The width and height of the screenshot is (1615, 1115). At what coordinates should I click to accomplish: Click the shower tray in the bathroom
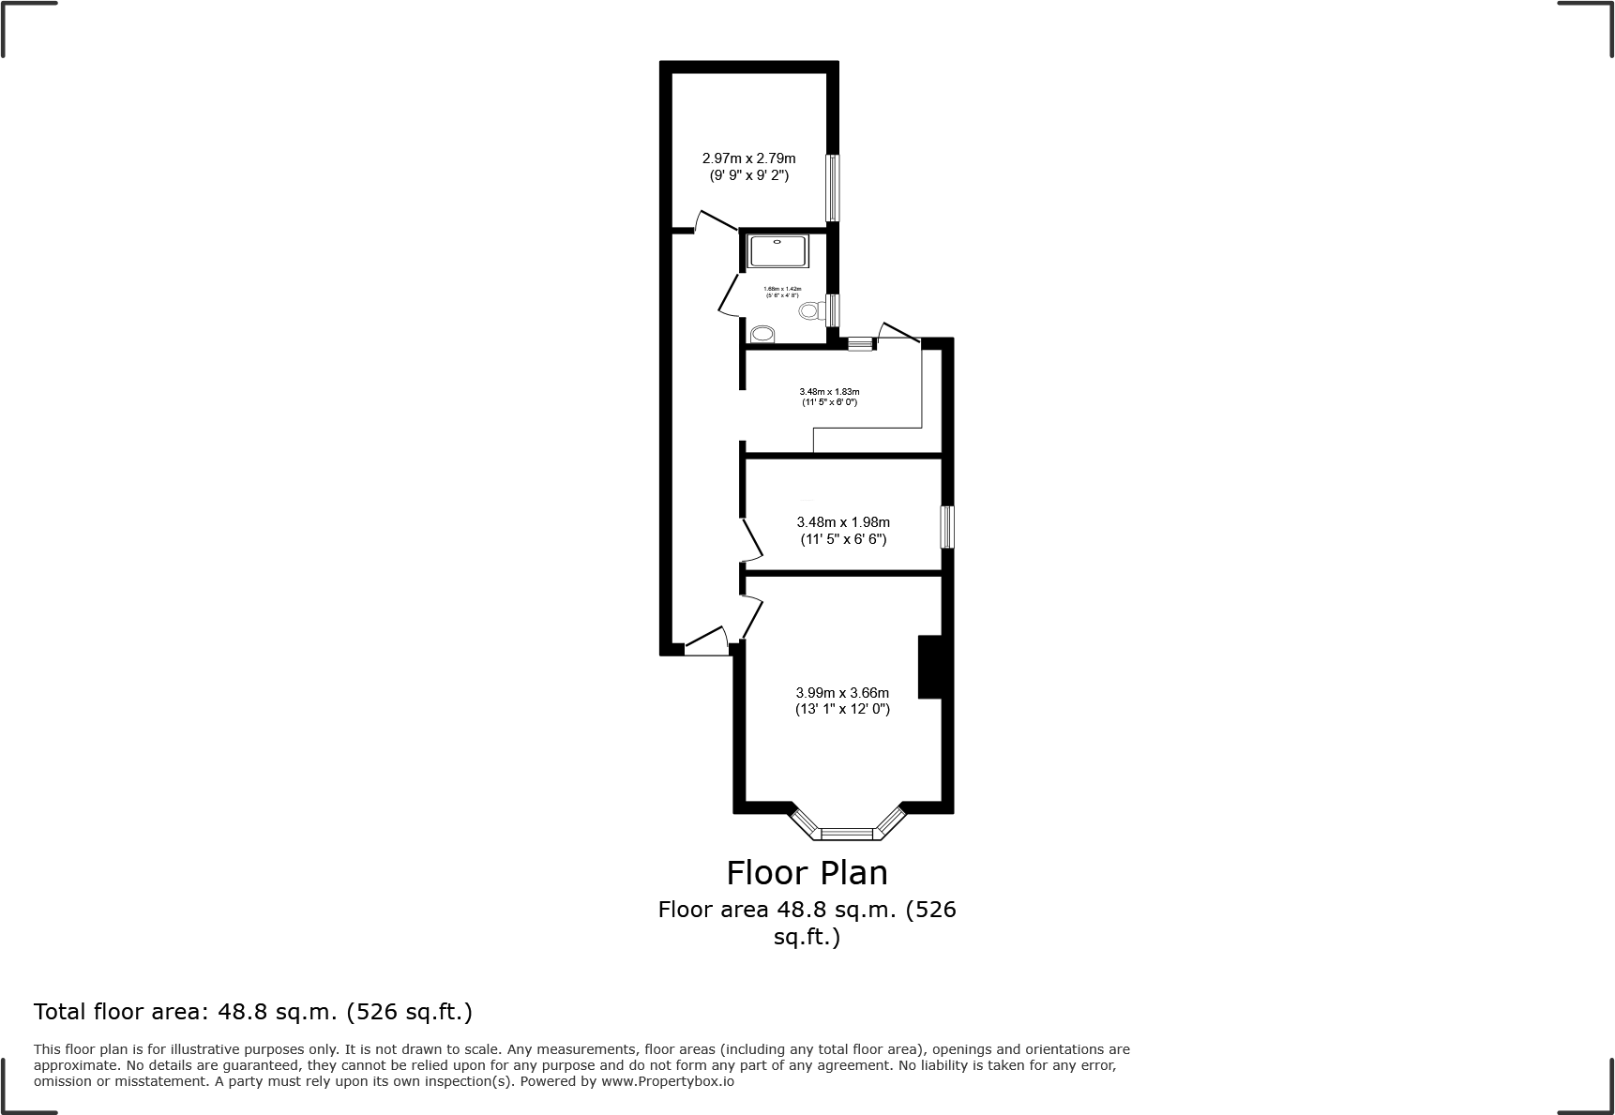(777, 251)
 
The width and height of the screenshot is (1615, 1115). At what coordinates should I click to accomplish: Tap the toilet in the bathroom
(808, 310)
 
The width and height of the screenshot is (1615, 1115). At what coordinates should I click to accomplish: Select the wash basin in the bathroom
(762, 334)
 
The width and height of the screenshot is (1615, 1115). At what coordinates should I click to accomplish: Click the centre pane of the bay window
(847, 832)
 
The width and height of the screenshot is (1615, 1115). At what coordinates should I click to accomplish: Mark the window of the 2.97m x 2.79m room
(832, 188)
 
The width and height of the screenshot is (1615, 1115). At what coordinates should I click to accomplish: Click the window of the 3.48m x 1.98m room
(947, 527)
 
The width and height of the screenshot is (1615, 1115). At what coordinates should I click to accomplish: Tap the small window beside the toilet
(832, 309)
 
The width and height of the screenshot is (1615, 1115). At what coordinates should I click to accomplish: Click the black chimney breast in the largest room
(929, 667)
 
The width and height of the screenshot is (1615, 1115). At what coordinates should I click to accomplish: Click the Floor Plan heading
(807, 873)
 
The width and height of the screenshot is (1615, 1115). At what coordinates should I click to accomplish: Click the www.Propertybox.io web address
(667, 1081)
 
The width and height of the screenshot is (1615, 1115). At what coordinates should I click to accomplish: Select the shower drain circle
(777, 242)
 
